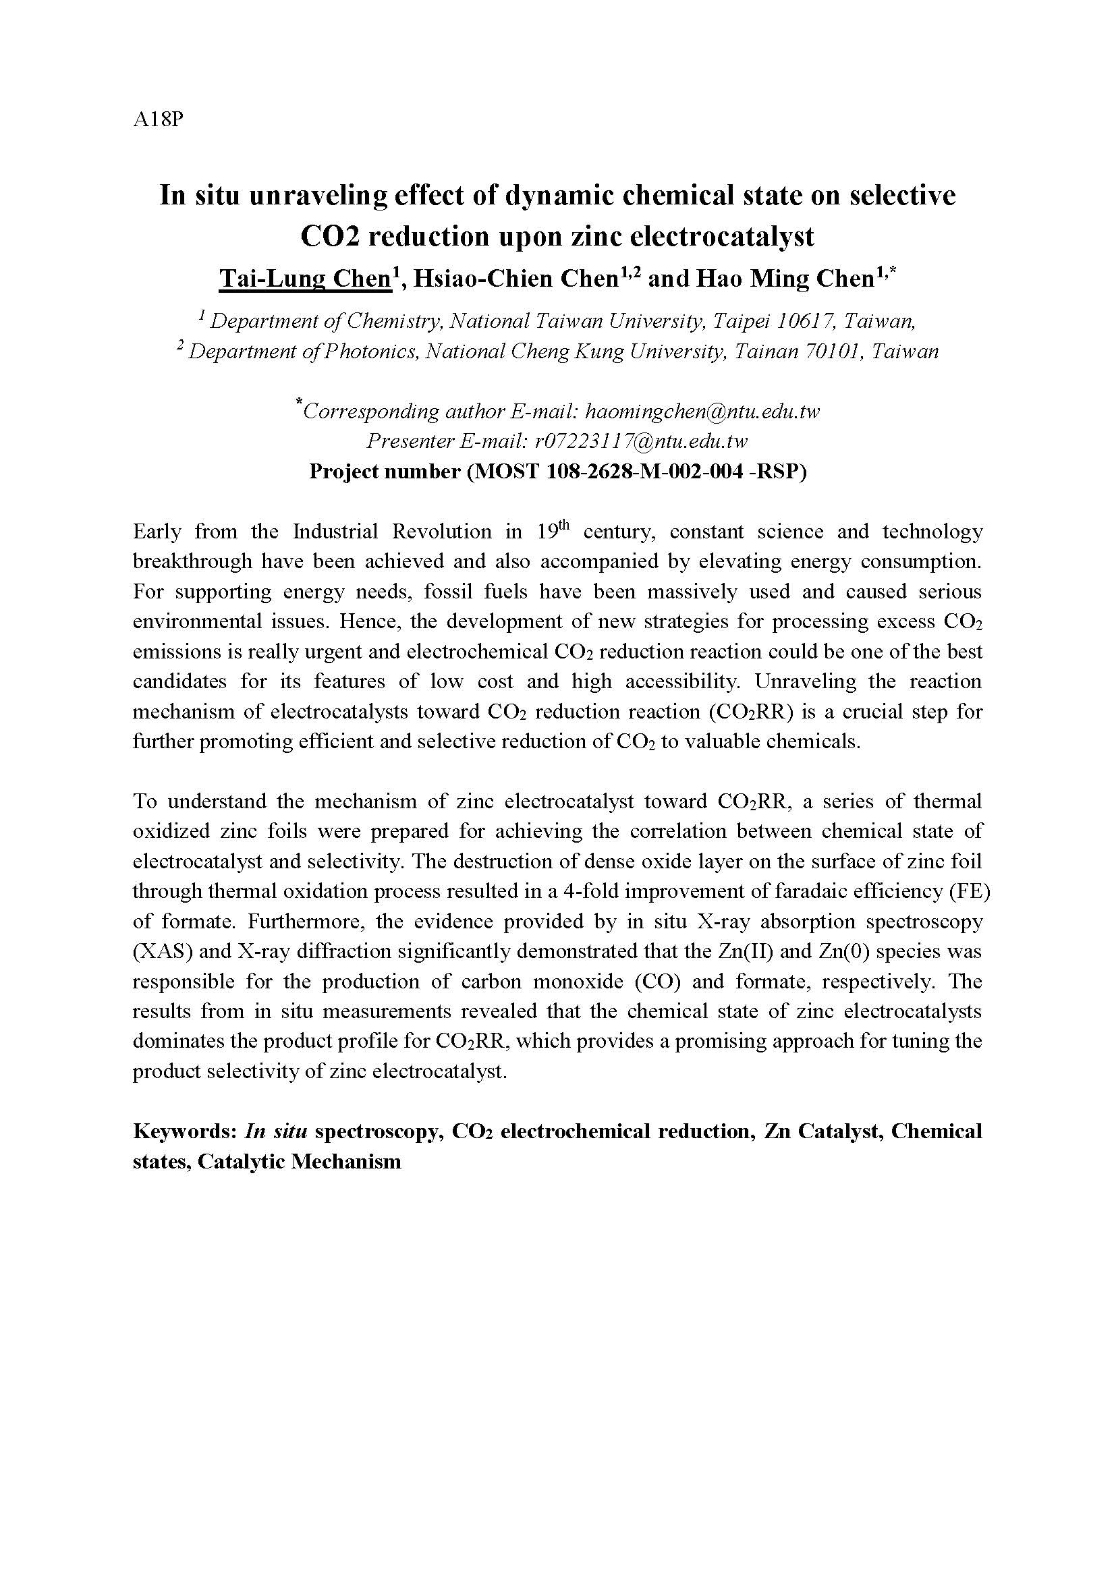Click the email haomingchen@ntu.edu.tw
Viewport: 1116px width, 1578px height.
point(702,412)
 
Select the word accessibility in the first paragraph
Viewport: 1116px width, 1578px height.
point(681,682)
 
